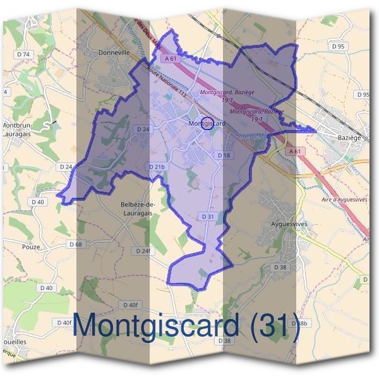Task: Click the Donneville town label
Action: pyautogui.click(x=114, y=54)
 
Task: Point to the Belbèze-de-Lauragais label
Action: pyautogui.click(x=138, y=208)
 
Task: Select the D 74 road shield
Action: pyautogui.click(x=23, y=54)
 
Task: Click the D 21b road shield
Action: pyautogui.click(x=158, y=167)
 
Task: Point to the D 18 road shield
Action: pyautogui.click(x=224, y=155)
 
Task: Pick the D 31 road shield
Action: pyautogui.click(x=209, y=216)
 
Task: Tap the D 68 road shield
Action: pyautogui.click(x=76, y=244)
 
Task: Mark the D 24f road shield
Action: pyautogui.click(x=144, y=251)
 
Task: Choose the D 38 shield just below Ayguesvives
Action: pyautogui.click(x=280, y=267)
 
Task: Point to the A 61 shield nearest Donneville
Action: pyautogui.click(x=169, y=58)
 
